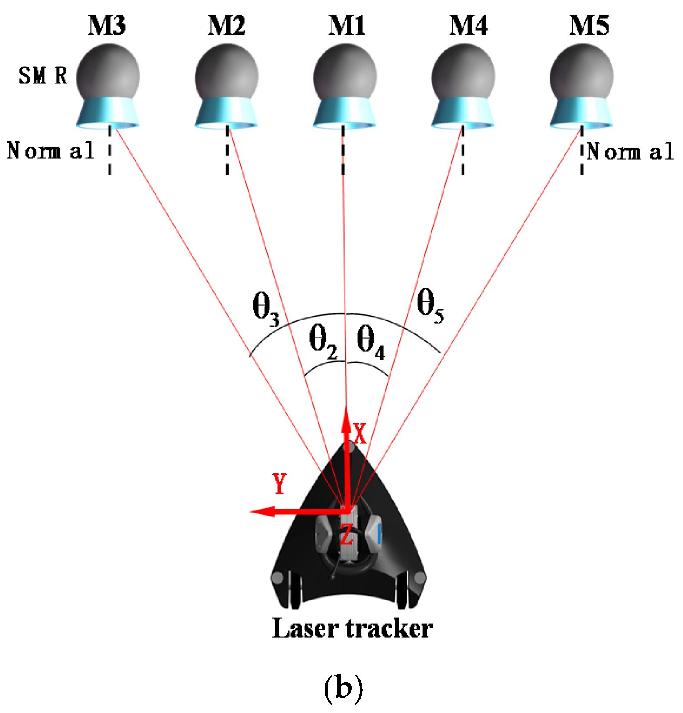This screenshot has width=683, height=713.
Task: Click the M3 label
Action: pos(107,25)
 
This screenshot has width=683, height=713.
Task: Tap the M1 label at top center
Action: pos(347,25)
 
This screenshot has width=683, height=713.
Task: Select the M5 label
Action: pos(589,25)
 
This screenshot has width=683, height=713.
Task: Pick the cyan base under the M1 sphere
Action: pos(345,113)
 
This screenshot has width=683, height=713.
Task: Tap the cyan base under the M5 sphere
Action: pos(581,113)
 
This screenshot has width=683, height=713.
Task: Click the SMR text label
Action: pos(43,76)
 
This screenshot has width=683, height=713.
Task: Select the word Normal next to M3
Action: pos(50,151)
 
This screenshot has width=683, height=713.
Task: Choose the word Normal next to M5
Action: pos(630,152)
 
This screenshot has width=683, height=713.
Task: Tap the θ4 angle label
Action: pos(370,343)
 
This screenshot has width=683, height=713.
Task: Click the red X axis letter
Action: pos(360,433)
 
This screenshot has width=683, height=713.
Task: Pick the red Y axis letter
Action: pos(280,483)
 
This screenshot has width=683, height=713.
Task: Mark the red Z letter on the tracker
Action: pos(346,534)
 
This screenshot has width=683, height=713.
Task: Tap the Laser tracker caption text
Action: pos(352,629)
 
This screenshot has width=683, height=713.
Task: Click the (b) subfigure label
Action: pos(343,688)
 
